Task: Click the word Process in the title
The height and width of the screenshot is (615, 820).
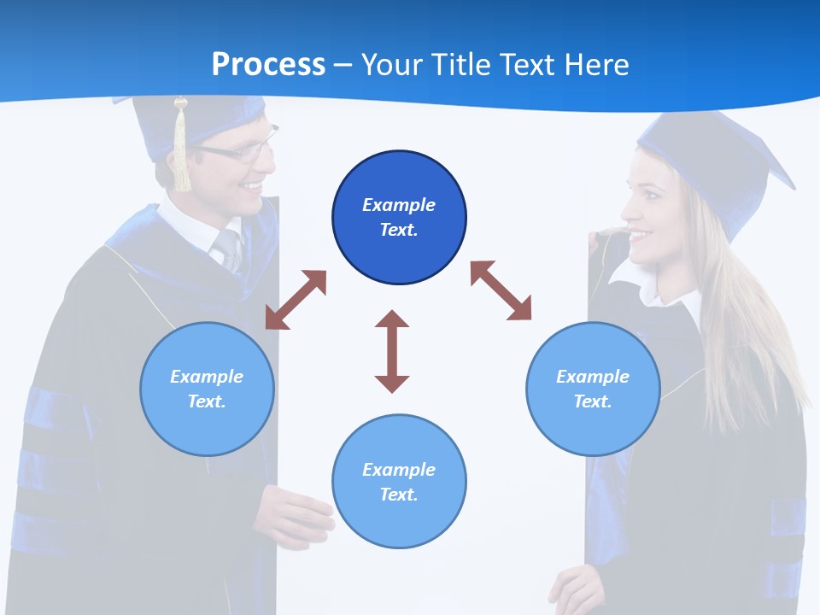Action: tap(268, 64)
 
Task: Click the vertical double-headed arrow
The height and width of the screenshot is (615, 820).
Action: tap(392, 351)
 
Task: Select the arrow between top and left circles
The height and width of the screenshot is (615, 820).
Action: tap(296, 300)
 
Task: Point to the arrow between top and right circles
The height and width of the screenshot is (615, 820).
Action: tap(501, 290)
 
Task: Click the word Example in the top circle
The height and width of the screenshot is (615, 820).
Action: tap(399, 205)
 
